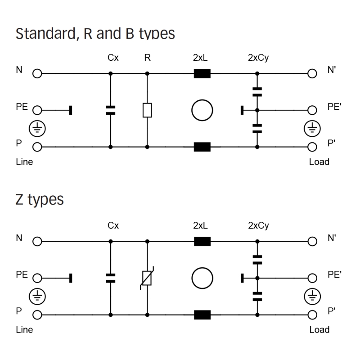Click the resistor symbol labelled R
147,110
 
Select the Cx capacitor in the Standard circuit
110,110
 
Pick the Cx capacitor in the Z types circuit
110,278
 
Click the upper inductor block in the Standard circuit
202,73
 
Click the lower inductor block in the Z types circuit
202,315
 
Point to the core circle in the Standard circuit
202,110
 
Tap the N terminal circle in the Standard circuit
36,73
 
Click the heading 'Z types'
40,199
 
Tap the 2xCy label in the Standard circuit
258,58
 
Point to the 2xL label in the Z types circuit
202,226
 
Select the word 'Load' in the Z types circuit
319,330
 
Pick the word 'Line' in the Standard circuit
24,162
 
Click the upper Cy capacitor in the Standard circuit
257,92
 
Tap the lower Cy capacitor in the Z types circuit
257,296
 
